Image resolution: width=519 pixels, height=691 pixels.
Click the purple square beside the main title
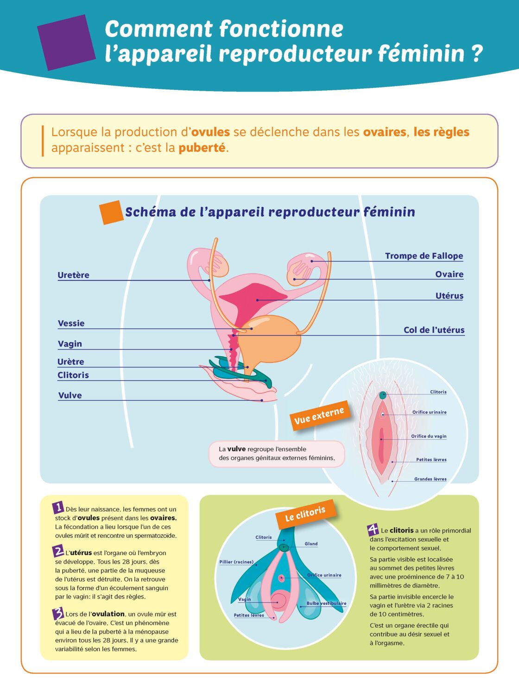pyautogui.click(x=66, y=42)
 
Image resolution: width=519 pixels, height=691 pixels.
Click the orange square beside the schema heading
pyautogui.click(x=111, y=212)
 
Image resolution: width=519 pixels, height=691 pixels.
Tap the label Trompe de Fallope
pyautogui.click(x=424, y=256)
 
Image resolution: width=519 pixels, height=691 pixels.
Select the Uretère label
pyautogui.click(x=73, y=275)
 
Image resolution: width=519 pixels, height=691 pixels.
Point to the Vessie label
pyautogui.click(x=71, y=324)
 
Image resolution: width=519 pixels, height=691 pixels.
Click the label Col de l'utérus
pyautogui.click(x=434, y=330)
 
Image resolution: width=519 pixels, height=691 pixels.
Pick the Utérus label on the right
pyautogui.click(x=449, y=296)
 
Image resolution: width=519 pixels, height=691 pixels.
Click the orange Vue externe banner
pyautogui.click(x=319, y=416)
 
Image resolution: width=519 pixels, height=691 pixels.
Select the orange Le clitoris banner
pyautogui.click(x=305, y=514)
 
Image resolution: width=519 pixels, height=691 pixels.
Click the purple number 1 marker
pyautogui.click(x=58, y=507)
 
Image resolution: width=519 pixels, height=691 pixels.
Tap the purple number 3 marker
pyautogui.click(x=58, y=613)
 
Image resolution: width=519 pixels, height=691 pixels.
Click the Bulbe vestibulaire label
pyautogui.click(x=327, y=603)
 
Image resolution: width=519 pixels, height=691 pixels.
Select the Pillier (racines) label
pyautogui.click(x=236, y=561)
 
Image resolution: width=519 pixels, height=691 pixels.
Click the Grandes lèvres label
pyautogui.click(x=430, y=479)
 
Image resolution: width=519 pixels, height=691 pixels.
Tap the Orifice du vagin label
pyautogui.click(x=429, y=436)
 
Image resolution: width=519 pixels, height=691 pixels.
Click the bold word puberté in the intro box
pyautogui.click(x=202, y=148)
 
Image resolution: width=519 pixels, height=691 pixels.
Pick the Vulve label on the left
pyautogui.click(x=70, y=395)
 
